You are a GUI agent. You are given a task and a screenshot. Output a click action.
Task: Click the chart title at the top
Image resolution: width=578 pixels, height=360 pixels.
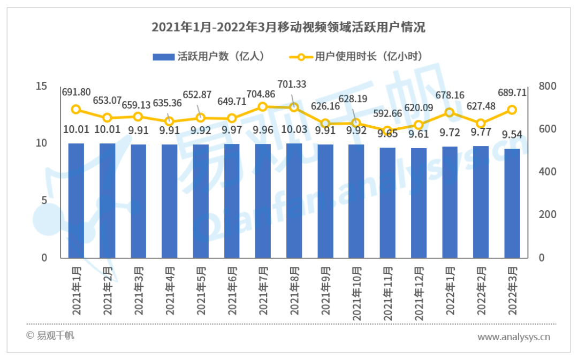click(x=288, y=27)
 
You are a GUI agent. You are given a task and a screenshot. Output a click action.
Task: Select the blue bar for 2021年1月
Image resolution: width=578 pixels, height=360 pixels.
click(x=76, y=200)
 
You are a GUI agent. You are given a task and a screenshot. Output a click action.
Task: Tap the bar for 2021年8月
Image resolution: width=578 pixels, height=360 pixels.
click(x=294, y=200)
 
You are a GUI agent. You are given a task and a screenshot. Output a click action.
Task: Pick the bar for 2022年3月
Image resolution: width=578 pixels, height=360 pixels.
click(x=512, y=203)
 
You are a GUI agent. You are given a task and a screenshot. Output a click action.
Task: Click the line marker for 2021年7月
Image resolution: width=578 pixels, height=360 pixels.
click(x=263, y=106)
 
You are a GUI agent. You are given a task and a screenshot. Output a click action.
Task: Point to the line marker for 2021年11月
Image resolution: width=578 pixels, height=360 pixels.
click(x=387, y=131)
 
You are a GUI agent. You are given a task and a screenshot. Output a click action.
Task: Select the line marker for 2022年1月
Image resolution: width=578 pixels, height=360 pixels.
click(x=450, y=112)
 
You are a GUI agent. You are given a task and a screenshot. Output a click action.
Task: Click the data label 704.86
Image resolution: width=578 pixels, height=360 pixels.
click(x=262, y=95)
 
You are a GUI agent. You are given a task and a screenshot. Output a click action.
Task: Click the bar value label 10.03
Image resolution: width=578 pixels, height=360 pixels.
click(x=294, y=130)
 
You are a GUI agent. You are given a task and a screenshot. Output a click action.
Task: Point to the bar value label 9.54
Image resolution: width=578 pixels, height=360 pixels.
click(x=512, y=135)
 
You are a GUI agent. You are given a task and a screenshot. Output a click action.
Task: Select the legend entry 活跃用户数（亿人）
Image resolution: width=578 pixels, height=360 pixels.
click(x=209, y=56)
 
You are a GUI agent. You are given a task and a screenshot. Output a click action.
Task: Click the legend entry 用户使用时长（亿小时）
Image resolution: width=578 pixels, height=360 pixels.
click(x=356, y=56)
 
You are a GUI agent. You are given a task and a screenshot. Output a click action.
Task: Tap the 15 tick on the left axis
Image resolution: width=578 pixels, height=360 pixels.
click(x=41, y=87)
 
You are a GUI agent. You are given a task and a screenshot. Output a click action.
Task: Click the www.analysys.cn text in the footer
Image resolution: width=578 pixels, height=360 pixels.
click(x=513, y=337)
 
